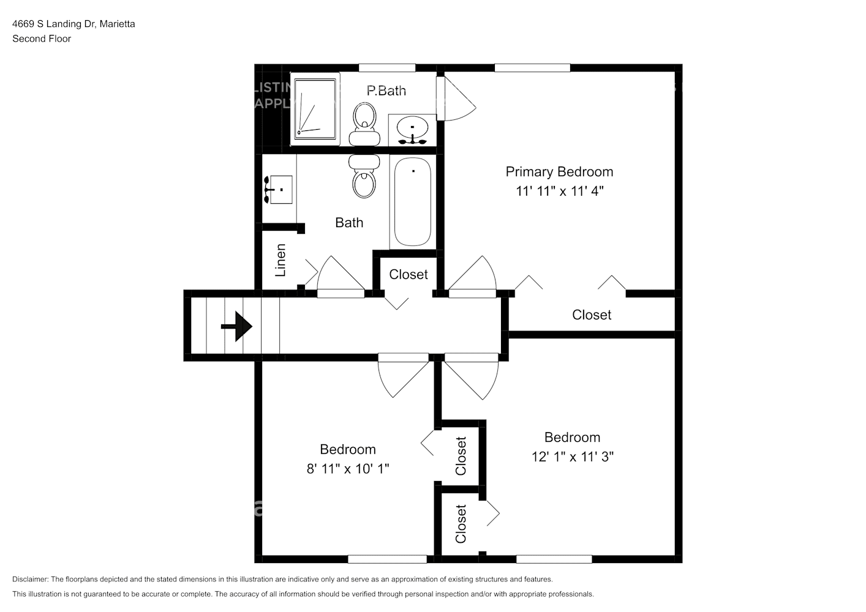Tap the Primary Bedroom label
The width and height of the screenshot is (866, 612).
[559, 172]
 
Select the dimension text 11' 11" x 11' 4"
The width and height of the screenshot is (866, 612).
[559, 191]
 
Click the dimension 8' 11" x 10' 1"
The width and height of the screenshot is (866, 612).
[347, 469]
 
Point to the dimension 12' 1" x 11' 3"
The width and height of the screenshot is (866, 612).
[572, 457]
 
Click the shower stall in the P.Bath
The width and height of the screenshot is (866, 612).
[315, 108]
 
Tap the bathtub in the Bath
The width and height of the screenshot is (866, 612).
[412, 201]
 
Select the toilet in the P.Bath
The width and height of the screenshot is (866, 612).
[364, 122]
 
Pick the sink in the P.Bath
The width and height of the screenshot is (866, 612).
[412, 130]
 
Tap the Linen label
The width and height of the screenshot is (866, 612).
[281, 260]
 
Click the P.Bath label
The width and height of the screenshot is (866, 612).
[386, 91]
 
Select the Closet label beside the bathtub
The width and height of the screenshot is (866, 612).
[408, 275]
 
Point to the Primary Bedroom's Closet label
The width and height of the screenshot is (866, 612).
[591, 315]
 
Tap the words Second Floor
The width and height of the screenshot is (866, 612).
[42, 39]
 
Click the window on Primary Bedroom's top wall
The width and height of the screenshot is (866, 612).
[532, 68]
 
